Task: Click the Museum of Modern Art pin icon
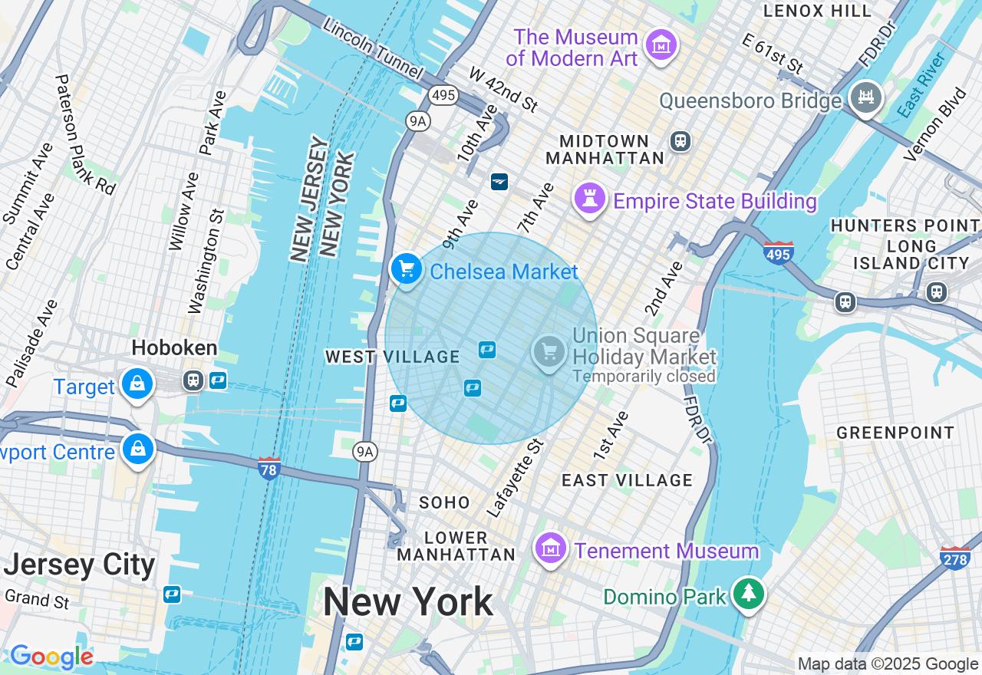point(661,45)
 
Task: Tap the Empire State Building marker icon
point(590,199)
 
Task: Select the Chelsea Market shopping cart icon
point(407,269)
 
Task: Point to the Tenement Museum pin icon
point(550,549)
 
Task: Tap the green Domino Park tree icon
point(747,594)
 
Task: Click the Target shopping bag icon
point(137,384)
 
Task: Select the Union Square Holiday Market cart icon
point(549,352)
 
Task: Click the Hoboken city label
point(174,348)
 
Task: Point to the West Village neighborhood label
point(392,357)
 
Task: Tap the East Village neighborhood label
point(627,481)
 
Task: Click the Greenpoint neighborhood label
point(895,433)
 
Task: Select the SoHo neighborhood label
point(444,502)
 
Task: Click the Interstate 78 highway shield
point(269,468)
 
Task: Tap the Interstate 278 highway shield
point(954,558)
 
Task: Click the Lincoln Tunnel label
point(373,48)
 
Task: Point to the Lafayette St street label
point(515,477)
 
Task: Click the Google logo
point(51,657)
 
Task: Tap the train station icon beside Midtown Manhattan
point(680,141)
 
